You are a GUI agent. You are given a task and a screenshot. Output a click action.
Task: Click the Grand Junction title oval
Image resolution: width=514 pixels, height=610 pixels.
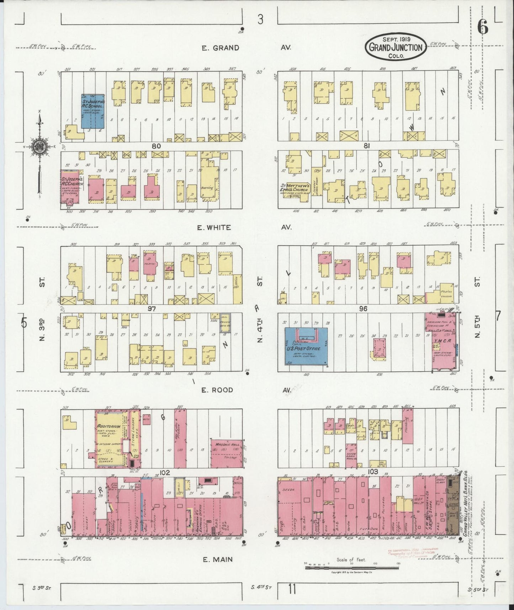tap(396, 47)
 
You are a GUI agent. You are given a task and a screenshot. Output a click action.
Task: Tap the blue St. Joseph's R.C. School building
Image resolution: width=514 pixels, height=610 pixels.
tap(93, 111)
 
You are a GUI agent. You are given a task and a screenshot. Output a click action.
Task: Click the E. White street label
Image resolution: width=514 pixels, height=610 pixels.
tap(216, 227)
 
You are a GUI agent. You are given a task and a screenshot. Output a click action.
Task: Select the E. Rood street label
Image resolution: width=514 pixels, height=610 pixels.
tap(217, 390)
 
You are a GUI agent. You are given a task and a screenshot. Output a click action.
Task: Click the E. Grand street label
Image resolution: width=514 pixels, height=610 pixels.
tap(221, 48)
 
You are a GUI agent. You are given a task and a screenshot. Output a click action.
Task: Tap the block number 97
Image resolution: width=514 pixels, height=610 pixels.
tap(152, 309)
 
